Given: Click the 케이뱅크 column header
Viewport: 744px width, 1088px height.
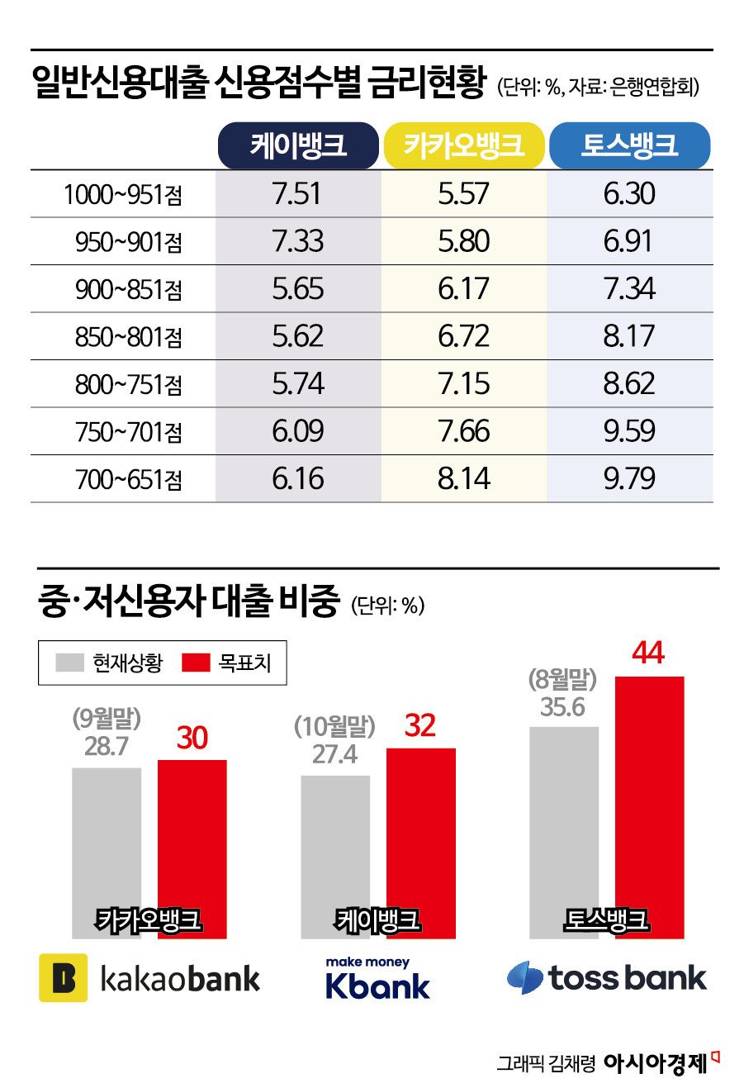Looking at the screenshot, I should pos(298,145).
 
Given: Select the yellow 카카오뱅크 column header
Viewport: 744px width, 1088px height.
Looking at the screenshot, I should pos(464,145).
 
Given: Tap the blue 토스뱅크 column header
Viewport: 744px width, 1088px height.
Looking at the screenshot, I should pos(629,145).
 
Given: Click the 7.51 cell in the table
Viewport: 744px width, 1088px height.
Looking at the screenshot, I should pos(297,194).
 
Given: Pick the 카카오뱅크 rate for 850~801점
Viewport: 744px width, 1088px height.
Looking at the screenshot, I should pos(464,336).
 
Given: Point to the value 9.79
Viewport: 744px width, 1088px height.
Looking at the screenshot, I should pos(629,478).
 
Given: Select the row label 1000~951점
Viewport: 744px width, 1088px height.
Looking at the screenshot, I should pos(123,195).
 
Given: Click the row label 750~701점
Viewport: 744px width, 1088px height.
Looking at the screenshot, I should pos(129,432).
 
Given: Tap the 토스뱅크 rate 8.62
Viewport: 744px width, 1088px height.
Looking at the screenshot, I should pos(629,383).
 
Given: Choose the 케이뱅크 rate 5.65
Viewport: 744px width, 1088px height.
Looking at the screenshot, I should pos(297,289).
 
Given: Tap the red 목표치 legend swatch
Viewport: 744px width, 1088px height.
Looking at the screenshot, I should pos(196,663).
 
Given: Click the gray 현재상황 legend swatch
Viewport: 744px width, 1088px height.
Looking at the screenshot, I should pos(70,663).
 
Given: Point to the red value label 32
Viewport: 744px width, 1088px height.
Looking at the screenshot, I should pos(420,725).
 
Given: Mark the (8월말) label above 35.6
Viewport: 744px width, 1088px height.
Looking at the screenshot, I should pos(562,681).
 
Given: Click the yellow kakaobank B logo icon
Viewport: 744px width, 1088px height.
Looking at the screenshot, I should pos(64,978).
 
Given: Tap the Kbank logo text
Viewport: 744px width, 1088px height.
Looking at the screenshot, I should pos(378,986).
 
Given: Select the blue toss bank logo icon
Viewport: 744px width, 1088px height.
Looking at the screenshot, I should pos(525,978).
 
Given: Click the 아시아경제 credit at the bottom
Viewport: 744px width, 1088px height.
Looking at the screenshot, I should pos(655,1063).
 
